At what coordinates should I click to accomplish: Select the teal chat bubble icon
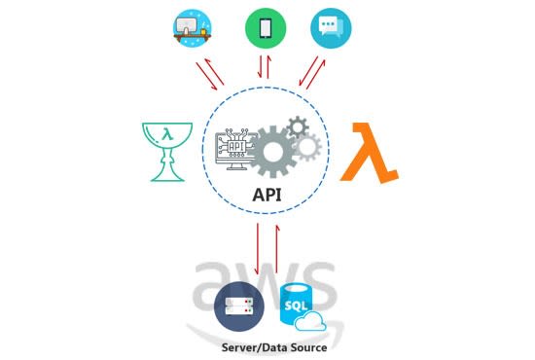[331, 28]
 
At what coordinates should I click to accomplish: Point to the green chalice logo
[163, 148]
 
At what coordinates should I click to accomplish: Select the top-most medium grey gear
[297, 126]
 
